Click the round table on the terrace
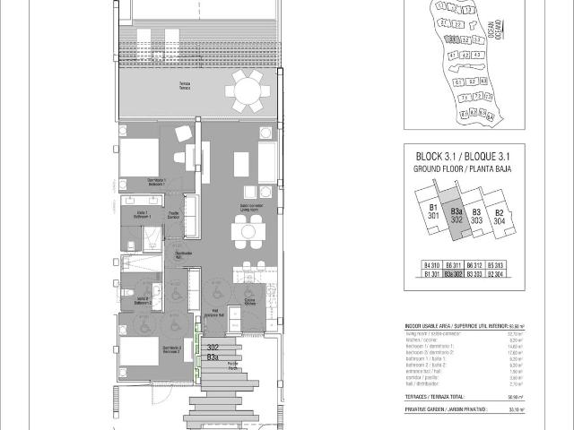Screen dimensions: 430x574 click(x=244, y=89)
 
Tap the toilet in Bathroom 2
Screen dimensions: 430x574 click(x=131, y=296)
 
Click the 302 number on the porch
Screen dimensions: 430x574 click(x=213, y=347)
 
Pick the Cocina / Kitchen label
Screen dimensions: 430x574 click(x=250, y=303)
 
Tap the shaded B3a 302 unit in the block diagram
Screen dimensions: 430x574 click(x=457, y=217)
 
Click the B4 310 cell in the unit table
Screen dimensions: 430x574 click(x=431, y=267)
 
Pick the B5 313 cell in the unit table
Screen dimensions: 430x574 click(x=496, y=267)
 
